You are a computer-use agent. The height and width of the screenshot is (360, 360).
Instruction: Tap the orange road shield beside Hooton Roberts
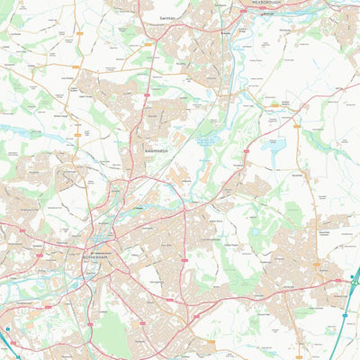tap(274, 105)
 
